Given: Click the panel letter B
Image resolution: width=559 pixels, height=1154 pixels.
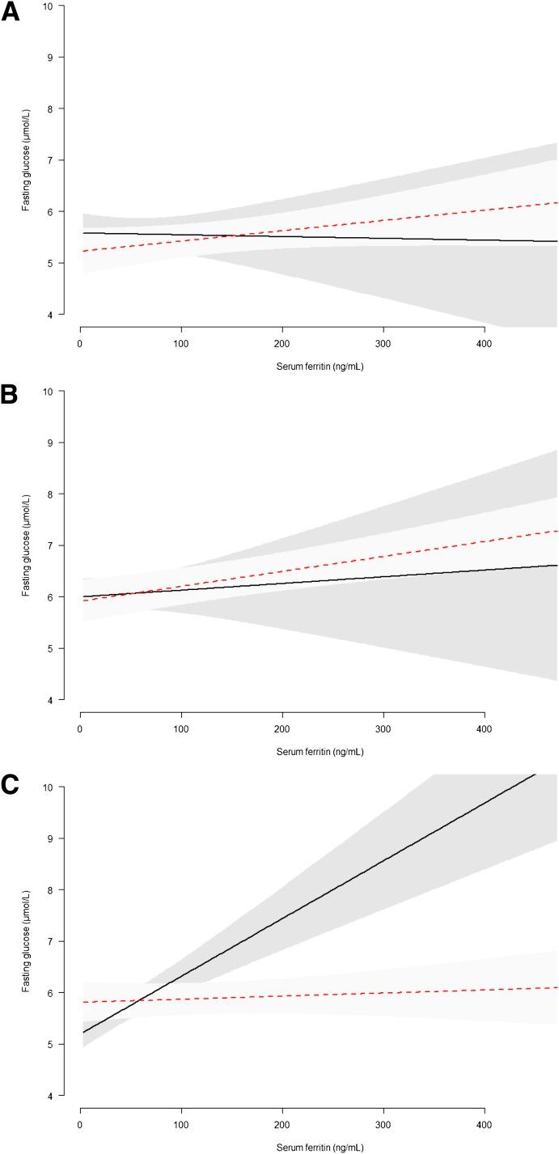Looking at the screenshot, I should pos(10,396).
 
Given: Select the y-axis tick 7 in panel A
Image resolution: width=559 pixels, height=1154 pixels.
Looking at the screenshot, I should pos(50,160).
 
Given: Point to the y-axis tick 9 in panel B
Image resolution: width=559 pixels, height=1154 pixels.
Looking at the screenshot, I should pos(50,443).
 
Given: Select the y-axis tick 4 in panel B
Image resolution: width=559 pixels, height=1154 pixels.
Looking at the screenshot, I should pos(50,700).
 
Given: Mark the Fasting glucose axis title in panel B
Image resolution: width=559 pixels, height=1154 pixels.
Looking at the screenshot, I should pos(26,545).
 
